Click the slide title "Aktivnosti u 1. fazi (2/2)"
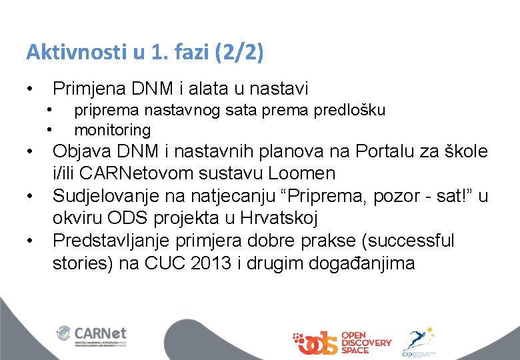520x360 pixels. pyautogui.click(x=145, y=53)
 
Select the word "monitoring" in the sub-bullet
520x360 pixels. pyautogui.click(x=112, y=129)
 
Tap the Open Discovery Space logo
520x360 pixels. pyautogui.click(x=341, y=342)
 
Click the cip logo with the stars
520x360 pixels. pyautogui.click(x=419, y=342)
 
